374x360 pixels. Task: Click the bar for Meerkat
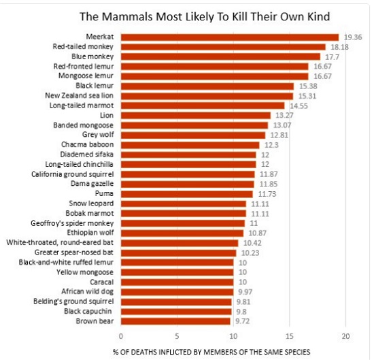click(230, 37)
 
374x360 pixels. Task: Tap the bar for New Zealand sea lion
click(207, 96)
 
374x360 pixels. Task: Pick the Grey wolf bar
click(193, 135)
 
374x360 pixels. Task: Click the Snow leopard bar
click(184, 203)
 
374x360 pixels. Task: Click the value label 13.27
click(282, 116)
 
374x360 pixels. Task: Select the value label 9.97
click(244, 291)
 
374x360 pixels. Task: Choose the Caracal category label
click(101, 282)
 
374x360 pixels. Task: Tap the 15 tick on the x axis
click(290, 336)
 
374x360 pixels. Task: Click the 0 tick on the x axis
click(121, 336)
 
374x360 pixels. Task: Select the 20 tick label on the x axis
click(345, 336)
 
